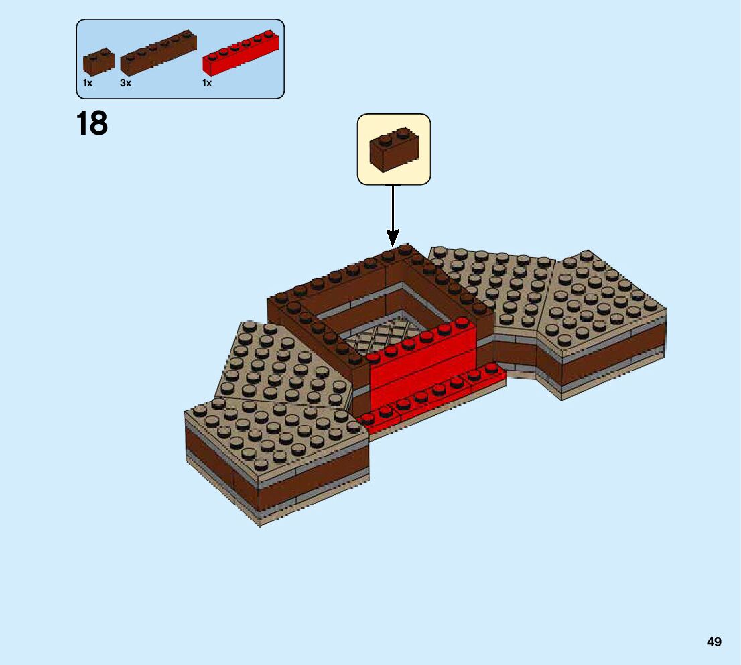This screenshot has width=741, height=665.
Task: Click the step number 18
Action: (92, 124)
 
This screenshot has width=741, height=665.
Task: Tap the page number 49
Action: (714, 642)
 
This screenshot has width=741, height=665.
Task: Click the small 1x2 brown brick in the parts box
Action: (98, 62)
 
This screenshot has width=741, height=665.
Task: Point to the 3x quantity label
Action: (125, 84)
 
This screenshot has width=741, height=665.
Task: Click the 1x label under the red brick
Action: (207, 84)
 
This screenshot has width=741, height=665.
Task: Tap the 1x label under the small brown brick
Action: (88, 84)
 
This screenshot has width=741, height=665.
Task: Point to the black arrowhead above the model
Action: (393, 237)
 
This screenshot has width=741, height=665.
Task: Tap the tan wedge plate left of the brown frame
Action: (281, 365)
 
